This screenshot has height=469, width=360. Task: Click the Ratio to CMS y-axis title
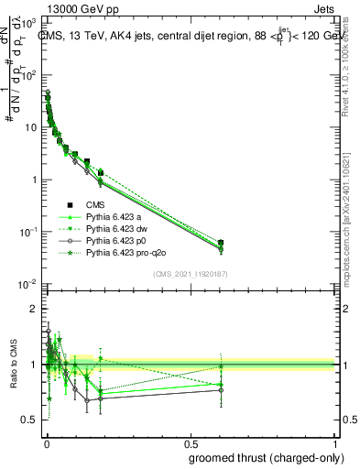coord(13,364)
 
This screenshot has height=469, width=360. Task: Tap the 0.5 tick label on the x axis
coord(190,442)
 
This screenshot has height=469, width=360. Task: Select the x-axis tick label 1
coord(334,442)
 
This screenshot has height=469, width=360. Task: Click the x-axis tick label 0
coord(46,442)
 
